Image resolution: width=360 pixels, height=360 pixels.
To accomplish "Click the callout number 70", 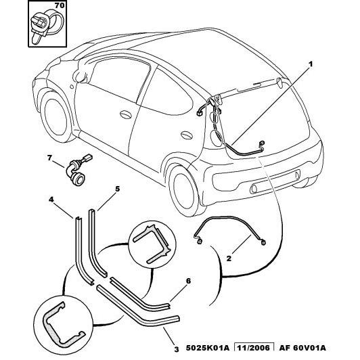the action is point(60,5).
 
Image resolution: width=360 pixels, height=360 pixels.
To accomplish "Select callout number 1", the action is point(311,64).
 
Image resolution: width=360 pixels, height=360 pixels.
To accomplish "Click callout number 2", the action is point(229,258).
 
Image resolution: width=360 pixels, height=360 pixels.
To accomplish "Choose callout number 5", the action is point(117,189).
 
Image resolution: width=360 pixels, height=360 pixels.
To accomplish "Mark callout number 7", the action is point(49,158).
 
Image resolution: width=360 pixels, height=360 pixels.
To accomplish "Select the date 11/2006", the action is point(254,348).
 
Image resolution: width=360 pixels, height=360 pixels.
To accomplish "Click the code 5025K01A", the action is point(207,348).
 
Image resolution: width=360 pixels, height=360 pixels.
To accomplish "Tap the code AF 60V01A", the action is point(302,348).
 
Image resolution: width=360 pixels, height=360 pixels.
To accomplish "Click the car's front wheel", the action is point(55,117).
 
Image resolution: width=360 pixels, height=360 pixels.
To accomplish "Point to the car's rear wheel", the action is point(183,192).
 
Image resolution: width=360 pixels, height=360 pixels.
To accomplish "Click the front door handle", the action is point(125,115).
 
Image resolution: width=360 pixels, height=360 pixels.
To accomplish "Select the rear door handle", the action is point(187,135).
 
